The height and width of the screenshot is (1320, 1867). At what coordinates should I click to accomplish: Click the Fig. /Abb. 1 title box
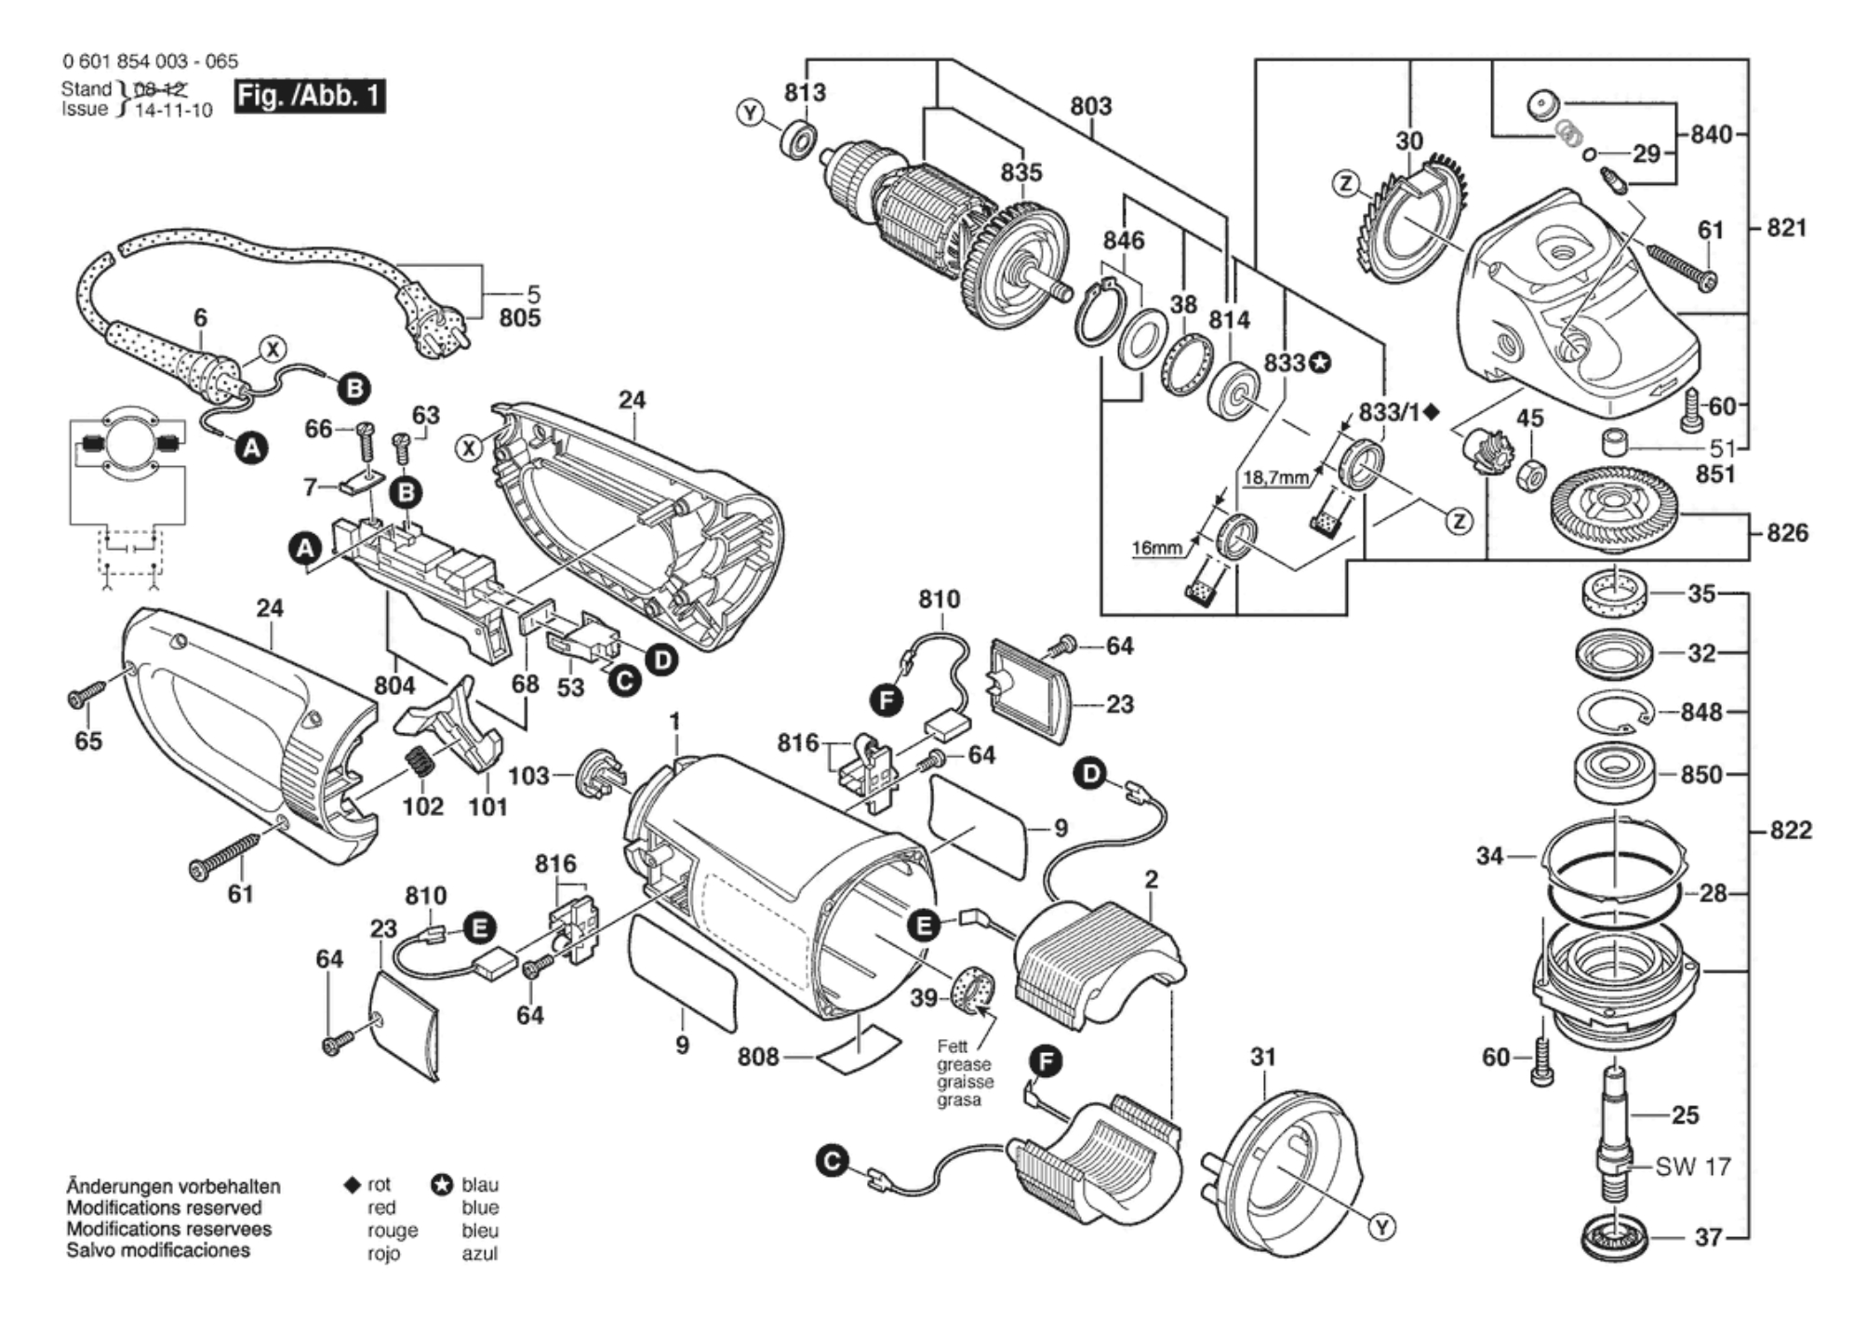pyautogui.click(x=309, y=96)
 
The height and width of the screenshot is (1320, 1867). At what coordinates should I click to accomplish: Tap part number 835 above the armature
pyautogui.click(x=1020, y=172)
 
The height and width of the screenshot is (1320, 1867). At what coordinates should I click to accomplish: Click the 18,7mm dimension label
pyautogui.click(x=1275, y=477)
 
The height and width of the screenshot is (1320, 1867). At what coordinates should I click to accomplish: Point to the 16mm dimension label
pyautogui.click(x=1155, y=548)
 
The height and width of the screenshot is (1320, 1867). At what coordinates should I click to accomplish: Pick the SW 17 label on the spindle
pyautogui.click(x=1692, y=1167)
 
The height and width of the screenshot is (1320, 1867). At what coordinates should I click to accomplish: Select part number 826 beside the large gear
pyautogui.click(x=1787, y=533)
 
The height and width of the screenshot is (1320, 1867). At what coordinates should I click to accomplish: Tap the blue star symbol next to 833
pyautogui.click(x=1319, y=362)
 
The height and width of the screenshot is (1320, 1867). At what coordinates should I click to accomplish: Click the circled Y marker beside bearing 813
pyautogui.click(x=750, y=113)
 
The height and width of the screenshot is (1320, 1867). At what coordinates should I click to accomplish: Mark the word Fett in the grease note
pyautogui.click(x=952, y=1047)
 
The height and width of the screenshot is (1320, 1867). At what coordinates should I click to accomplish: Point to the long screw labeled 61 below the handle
pyautogui.click(x=224, y=854)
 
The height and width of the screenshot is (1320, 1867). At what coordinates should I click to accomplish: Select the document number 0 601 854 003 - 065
pyautogui.click(x=150, y=61)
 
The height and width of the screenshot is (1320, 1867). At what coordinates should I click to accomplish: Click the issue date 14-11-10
pyautogui.click(x=173, y=110)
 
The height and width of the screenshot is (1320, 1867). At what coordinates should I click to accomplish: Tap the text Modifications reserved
pyautogui.click(x=164, y=1207)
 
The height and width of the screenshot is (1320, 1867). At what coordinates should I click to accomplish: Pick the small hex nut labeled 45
pyautogui.click(x=1530, y=476)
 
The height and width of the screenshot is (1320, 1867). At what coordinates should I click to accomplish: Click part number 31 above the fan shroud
pyautogui.click(x=1262, y=1057)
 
